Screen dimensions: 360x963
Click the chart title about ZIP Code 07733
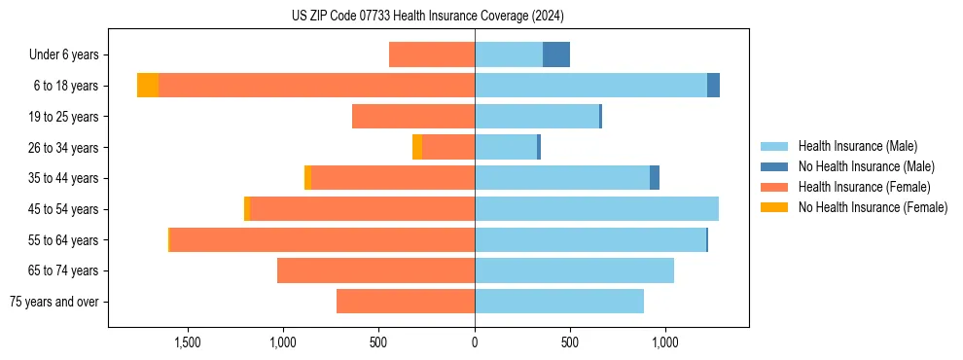(x=427, y=17)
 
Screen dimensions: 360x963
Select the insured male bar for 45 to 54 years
(x=596, y=209)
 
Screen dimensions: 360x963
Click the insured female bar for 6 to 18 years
(x=316, y=86)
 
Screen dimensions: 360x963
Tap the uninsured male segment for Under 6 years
(x=556, y=54)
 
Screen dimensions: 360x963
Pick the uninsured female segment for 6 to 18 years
(x=148, y=86)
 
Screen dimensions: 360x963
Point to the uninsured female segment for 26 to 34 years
(x=417, y=147)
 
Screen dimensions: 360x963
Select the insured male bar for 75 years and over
(x=559, y=302)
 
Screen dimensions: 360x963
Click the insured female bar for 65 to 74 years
(x=375, y=270)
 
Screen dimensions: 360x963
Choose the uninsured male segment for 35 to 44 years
(x=655, y=178)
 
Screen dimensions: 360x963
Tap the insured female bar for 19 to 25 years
(x=413, y=117)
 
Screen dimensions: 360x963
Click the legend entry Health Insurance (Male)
(x=857, y=146)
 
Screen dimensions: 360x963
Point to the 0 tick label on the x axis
(x=475, y=342)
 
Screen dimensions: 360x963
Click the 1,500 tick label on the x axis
(x=187, y=342)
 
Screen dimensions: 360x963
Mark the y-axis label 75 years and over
(x=54, y=302)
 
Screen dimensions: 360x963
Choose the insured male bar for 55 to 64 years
(x=590, y=240)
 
